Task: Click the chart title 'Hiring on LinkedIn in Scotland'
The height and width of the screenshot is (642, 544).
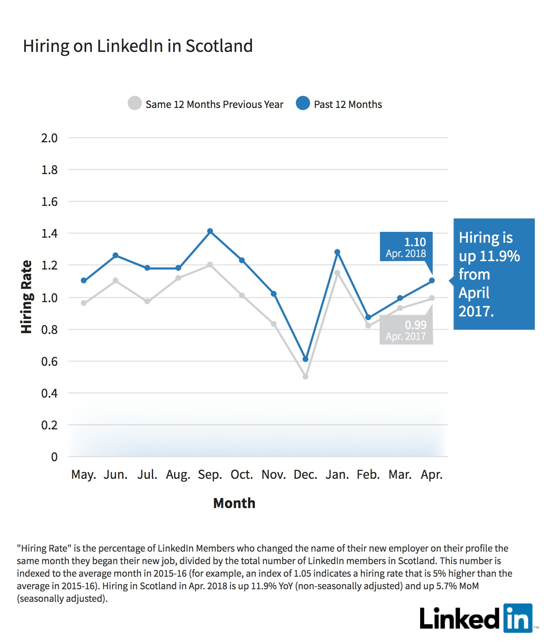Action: [138, 46]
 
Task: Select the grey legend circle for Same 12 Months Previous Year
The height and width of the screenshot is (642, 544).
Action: [135, 103]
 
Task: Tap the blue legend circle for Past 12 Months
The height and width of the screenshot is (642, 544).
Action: [303, 103]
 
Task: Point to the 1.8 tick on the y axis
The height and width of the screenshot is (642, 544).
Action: [49, 170]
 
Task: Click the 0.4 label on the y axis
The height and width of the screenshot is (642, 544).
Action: [49, 393]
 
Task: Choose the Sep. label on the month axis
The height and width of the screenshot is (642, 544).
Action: [210, 474]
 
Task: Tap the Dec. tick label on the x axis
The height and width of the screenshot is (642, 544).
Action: [305, 474]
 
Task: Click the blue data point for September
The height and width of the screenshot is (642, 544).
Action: [210, 231]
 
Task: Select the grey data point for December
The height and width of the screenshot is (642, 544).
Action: [305, 377]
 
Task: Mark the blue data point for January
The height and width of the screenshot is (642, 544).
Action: [337, 252]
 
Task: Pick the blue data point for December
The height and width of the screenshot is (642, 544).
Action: [305, 359]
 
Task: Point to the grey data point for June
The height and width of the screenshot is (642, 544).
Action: [115, 280]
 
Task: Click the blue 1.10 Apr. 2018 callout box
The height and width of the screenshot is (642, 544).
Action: [406, 247]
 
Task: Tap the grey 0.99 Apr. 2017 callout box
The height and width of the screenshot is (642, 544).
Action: [406, 330]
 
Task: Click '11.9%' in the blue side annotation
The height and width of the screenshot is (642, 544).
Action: [500, 256]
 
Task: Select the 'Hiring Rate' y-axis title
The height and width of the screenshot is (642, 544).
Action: [26, 297]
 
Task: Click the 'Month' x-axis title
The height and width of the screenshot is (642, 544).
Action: [234, 503]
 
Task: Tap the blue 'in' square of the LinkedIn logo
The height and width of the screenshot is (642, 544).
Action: [518, 618]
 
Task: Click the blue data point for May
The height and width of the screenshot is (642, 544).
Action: [84, 280]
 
